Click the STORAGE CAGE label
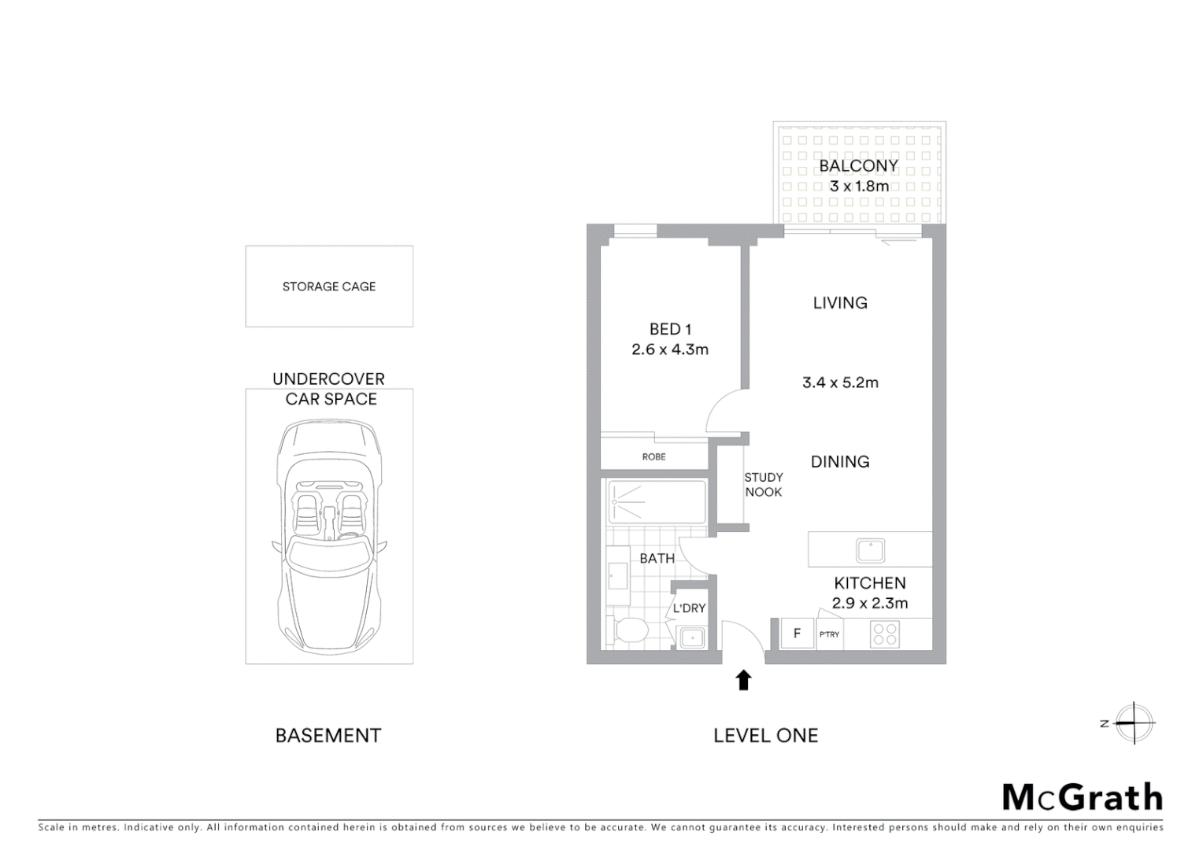329,286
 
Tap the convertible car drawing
329,535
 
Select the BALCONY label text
858,166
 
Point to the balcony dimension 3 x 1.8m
859,187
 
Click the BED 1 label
670,330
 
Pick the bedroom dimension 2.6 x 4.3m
670,349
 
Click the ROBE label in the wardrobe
653,456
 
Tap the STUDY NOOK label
763,484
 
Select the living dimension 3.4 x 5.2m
840,383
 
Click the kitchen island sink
870,550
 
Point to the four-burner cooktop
885,634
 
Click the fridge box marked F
797,634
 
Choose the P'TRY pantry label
829,634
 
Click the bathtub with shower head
657,501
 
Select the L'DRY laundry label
689,608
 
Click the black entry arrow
743,680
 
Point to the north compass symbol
1133,722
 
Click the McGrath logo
1082,797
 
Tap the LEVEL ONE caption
765,736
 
